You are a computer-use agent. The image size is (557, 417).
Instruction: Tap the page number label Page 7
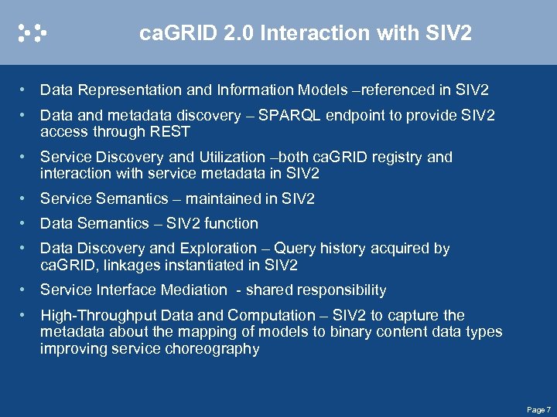[538, 409]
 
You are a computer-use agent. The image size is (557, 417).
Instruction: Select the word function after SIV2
[230, 223]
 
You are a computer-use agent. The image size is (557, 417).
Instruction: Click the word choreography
[212, 348]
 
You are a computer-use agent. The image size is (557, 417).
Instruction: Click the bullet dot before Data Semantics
[26, 223]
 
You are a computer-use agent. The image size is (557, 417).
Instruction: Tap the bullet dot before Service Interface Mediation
[26, 290]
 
